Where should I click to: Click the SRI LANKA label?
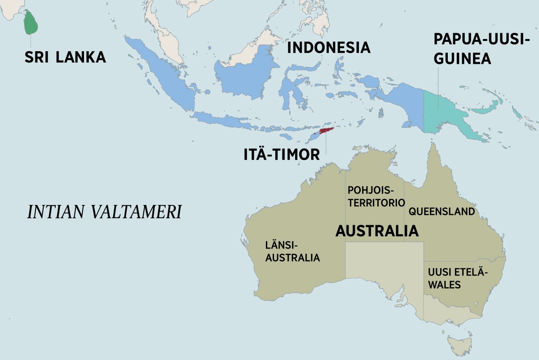point(65,57)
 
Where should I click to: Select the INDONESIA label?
point(328,47)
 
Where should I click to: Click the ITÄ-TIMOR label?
point(282,154)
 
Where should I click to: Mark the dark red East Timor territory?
point(327,131)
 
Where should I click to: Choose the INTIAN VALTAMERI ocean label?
point(104,212)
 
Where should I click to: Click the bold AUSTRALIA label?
point(377,231)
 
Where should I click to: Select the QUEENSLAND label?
point(442,211)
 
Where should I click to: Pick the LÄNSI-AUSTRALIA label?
point(293,252)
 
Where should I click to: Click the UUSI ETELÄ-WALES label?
point(457,279)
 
